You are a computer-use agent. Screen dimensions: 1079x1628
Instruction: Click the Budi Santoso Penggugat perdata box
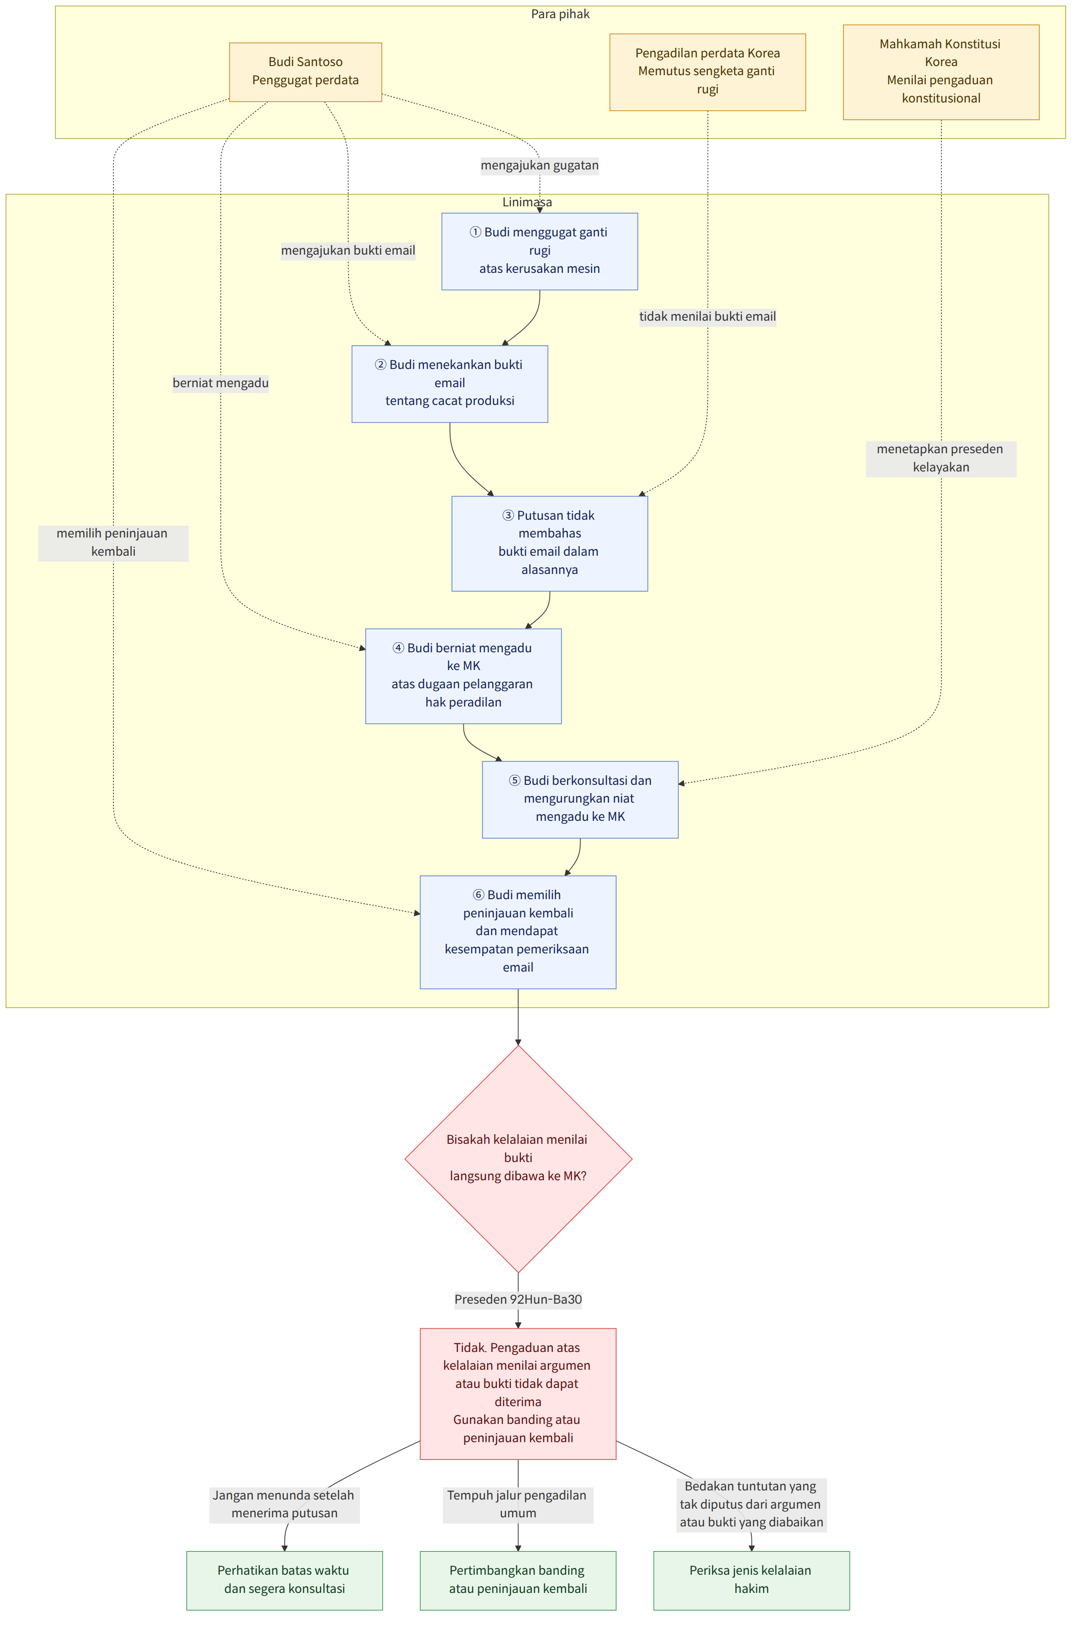(306, 72)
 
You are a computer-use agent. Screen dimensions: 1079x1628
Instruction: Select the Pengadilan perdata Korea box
(707, 72)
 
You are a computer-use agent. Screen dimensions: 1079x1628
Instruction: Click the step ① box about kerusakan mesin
(539, 251)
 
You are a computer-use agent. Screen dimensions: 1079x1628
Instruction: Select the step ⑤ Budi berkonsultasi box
(580, 799)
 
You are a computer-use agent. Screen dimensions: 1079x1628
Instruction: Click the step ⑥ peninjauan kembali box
(518, 932)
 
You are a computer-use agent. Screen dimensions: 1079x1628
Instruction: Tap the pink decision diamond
(518, 1158)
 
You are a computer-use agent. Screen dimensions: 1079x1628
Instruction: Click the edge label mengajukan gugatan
(539, 165)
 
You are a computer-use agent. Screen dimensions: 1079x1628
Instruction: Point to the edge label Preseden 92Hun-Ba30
(518, 1299)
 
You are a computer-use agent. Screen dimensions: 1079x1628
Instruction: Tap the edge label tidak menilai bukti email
(707, 317)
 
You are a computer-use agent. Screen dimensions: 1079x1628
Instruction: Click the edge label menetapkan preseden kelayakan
(940, 458)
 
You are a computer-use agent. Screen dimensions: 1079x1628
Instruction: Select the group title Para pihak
(560, 14)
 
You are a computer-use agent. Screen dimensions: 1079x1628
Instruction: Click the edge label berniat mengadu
(221, 383)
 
